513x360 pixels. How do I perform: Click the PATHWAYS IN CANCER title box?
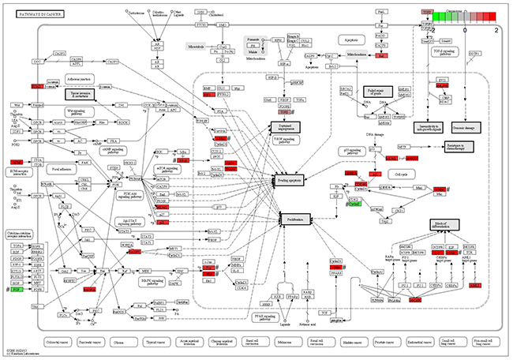[x=33, y=13]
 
